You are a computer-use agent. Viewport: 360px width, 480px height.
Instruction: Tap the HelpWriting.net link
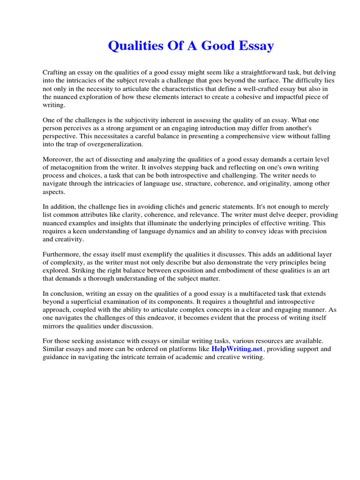pyautogui.click(x=237, y=349)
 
